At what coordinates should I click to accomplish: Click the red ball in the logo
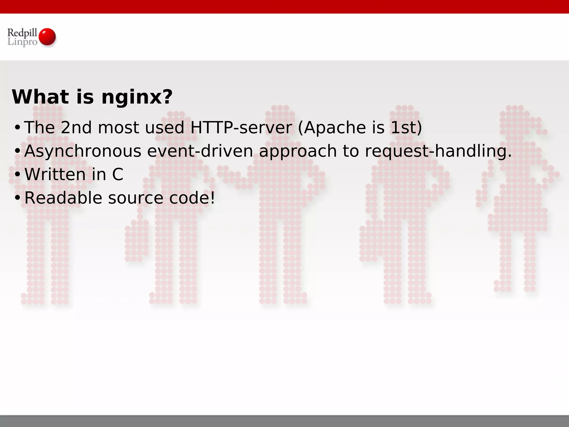[x=47, y=37]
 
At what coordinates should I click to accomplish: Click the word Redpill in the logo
[x=22, y=33]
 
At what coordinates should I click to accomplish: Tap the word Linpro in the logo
[x=22, y=42]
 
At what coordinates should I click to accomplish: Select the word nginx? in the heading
[x=137, y=97]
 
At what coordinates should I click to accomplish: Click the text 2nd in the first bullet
[x=76, y=128]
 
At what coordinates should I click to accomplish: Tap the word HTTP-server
[x=241, y=128]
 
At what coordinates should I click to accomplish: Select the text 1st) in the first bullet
[x=406, y=128]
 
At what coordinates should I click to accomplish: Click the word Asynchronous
[x=83, y=152]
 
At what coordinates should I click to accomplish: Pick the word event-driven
[x=200, y=151]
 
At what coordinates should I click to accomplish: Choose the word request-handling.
[x=438, y=152]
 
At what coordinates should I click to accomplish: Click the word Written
[x=55, y=175]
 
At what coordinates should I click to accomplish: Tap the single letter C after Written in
[x=118, y=175]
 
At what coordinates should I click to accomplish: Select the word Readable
[x=63, y=198]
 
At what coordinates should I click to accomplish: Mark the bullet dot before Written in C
[x=17, y=175]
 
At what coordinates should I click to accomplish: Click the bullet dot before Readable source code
[x=17, y=198]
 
